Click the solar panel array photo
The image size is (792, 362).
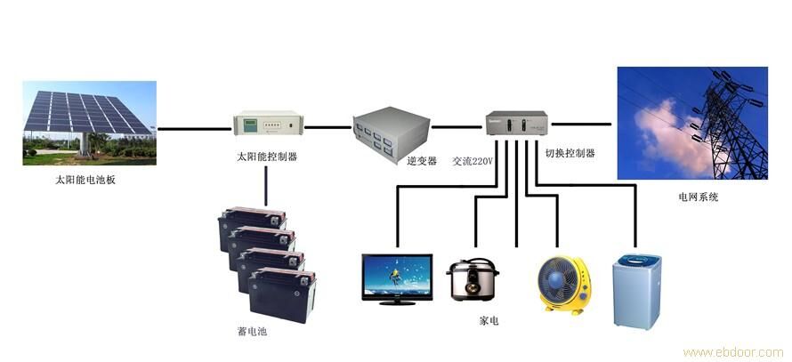coord(89,123)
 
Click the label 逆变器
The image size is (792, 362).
coord(422,161)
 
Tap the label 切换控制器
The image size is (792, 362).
coord(570,153)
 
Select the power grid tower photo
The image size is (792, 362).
coord(691,123)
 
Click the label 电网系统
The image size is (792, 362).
coord(697,197)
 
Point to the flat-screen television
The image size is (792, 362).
coord(396,278)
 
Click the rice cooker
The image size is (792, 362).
coord(471,281)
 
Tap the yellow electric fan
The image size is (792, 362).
coord(563,284)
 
